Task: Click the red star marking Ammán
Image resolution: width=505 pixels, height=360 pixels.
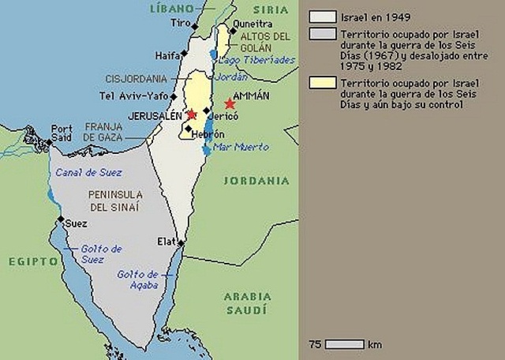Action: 230,104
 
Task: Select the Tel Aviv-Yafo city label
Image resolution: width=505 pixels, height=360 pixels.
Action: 134,96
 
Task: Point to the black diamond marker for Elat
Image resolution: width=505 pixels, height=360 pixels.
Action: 181,243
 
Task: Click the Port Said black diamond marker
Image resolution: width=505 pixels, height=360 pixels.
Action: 50,143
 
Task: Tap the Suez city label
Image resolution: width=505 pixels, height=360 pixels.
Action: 76,223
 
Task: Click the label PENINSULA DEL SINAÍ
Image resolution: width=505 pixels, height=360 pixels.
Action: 115,201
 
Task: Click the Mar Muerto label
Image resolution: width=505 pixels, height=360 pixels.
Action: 241,147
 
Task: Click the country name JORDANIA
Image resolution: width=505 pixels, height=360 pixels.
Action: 256,181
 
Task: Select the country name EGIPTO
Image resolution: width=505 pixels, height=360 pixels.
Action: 32,261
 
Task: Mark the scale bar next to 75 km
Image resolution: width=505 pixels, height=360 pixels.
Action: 344,344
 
